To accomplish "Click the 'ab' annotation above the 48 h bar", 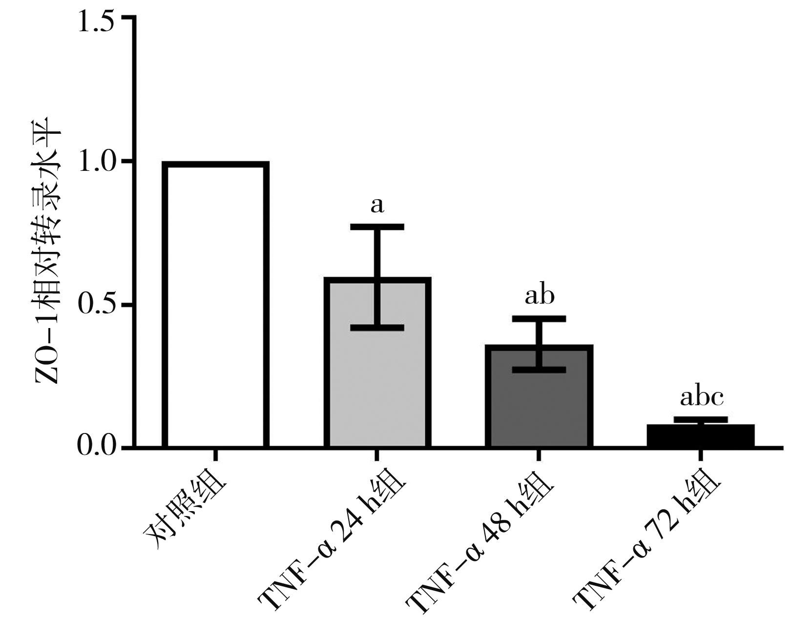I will [x=540, y=296].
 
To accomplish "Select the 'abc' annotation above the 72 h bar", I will [x=702, y=397].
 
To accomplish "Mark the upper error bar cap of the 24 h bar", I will [x=377, y=227].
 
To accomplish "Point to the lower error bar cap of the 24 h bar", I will [x=377, y=328].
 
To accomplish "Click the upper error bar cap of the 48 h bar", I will [x=539, y=319].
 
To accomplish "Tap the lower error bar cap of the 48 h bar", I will [x=539, y=370].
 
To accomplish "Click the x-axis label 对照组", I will [x=186, y=513].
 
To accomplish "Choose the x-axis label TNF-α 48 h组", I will [x=481, y=544].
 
